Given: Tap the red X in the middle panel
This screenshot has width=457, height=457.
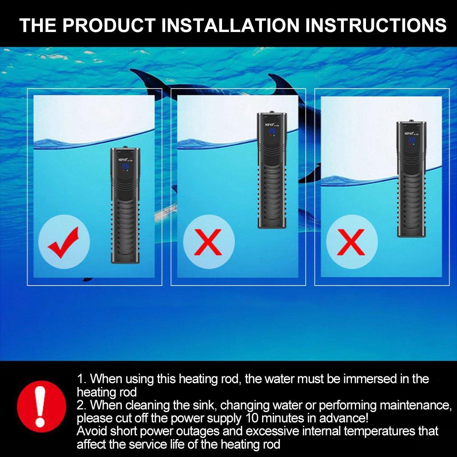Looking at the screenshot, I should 208,242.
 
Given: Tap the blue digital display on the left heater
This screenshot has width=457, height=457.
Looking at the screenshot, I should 125,166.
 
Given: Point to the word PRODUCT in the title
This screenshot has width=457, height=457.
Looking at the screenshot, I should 110,25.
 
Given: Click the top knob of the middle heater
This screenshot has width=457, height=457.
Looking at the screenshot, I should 271,112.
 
